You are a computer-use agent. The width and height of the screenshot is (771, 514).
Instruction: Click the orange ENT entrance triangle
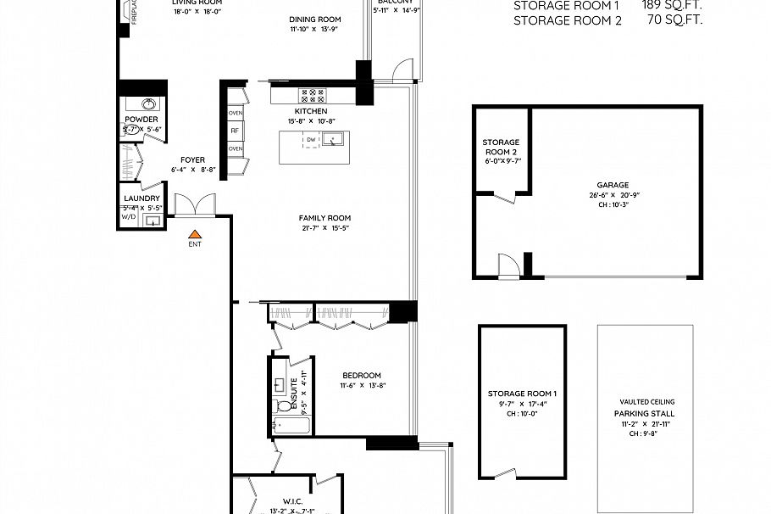coord(195,233)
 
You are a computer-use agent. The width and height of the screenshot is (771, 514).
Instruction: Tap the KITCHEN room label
coord(310,111)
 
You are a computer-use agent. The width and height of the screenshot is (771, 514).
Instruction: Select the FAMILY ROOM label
coord(325,217)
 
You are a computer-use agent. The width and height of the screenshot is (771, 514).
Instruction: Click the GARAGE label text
coord(613,185)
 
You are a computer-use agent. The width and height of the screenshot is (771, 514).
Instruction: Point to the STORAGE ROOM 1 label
coord(522,394)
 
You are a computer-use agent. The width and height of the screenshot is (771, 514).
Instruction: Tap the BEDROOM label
coord(362,376)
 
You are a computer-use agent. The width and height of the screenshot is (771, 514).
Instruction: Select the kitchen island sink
coord(335,140)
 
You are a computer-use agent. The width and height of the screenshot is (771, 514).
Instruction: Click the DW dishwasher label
coord(311,140)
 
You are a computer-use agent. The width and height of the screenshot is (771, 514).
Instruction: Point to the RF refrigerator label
coord(236,131)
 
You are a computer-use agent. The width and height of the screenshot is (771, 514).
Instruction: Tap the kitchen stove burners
coord(310,96)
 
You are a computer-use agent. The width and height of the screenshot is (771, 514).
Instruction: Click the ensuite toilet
coord(283,405)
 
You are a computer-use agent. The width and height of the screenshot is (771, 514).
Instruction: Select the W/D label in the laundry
coord(128,217)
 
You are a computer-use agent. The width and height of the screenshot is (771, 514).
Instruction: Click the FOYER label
coord(193,159)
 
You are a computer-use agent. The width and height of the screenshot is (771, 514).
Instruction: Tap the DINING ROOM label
coord(314,20)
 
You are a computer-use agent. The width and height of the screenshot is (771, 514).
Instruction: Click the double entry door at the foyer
coord(195,205)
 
